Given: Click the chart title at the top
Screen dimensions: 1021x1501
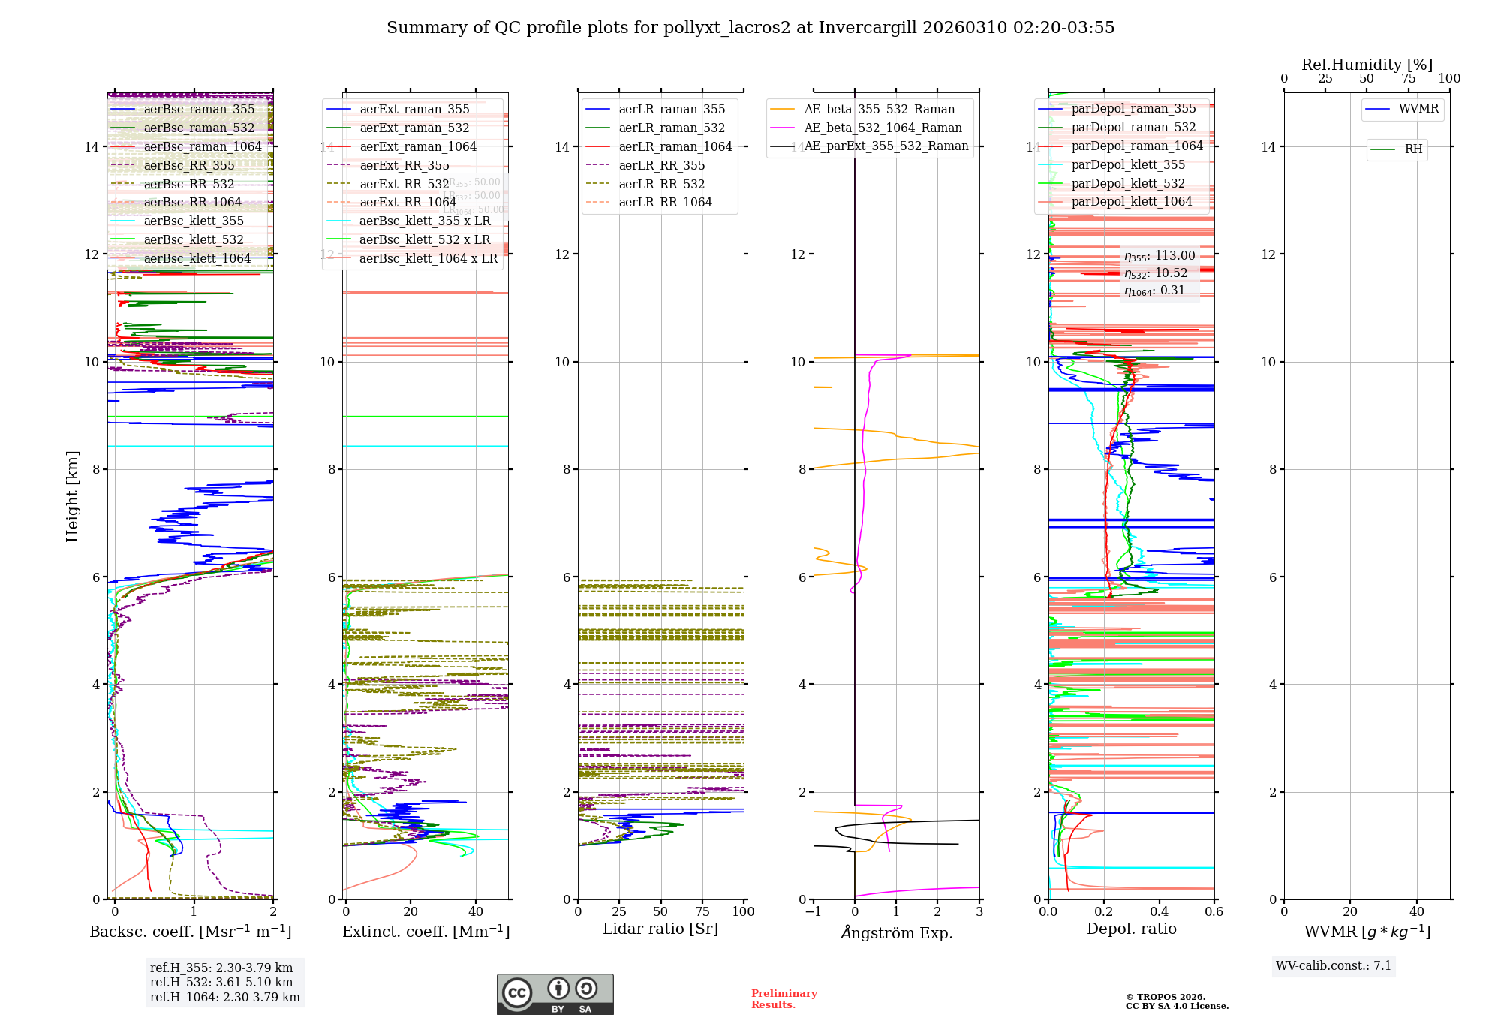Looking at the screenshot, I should [750, 28].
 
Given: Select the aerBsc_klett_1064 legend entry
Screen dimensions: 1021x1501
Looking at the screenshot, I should [197, 258].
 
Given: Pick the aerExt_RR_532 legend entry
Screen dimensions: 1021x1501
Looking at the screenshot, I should [404, 184].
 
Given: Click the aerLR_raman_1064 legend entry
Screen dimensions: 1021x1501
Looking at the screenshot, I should [675, 146].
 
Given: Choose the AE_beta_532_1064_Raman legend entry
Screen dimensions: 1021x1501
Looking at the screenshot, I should [883, 128].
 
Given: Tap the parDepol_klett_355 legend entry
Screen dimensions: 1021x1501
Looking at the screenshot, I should [1128, 164].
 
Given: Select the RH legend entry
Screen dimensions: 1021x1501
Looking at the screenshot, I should [1413, 149].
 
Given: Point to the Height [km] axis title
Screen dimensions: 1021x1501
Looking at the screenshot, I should [72, 495].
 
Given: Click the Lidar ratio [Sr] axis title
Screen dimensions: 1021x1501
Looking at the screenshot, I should [660, 929].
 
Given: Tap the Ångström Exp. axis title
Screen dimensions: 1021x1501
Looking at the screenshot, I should [896, 932].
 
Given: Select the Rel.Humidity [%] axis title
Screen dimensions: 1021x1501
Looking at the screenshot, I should [1367, 65].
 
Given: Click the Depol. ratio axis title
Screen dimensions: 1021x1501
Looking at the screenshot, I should [1131, 929].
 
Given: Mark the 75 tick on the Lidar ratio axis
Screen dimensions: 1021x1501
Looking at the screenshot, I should [702, 911].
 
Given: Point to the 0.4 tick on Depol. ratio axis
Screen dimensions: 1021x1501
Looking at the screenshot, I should [1159, 911].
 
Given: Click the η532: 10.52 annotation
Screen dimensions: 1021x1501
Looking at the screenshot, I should [1156, 273].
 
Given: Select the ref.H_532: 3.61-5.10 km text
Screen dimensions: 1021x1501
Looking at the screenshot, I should [221, 982].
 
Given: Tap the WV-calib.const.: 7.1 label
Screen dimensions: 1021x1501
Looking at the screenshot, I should [1334, 965].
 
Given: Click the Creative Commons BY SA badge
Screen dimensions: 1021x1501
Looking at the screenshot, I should [555, 994].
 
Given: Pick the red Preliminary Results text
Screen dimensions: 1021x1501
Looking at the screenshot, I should [784, 998].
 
